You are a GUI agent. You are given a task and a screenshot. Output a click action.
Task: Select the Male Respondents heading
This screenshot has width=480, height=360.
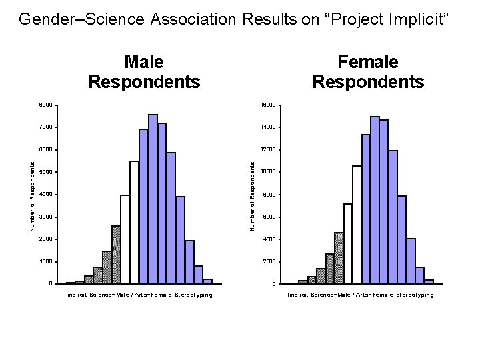point(144,72)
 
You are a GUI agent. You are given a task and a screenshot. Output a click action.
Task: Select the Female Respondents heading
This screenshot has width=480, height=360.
point(368,72)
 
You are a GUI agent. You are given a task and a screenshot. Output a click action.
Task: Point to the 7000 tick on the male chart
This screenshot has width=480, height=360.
point(45,127)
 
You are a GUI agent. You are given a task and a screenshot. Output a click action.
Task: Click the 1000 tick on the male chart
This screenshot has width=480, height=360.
point(45,261)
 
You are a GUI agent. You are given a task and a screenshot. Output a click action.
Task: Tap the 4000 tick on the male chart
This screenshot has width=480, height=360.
point(45,195)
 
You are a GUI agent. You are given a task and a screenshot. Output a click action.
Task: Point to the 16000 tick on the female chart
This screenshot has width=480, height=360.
point(269,105)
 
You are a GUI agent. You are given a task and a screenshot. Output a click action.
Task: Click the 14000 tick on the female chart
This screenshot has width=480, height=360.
point(269,127)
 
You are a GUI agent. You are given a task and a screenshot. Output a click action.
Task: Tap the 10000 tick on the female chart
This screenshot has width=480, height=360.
point(269,172)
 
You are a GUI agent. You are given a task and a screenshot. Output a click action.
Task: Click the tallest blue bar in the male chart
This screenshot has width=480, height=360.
point(153,200)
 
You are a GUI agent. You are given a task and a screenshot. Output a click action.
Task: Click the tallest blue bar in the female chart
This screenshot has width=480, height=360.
point(375,200)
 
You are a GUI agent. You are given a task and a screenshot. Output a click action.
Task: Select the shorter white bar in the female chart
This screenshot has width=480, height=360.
point(347,244)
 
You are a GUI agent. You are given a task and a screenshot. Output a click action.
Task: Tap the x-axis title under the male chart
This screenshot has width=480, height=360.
point(139,295)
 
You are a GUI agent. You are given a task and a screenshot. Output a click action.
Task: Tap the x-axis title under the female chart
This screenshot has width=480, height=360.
point(361,295)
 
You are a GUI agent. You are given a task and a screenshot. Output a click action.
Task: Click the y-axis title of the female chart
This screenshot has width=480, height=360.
point(253,195)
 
